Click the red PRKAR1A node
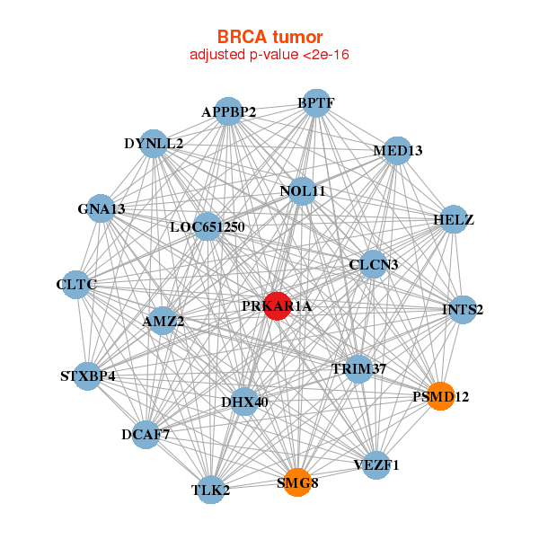coord(277,306)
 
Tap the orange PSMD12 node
coord(440,396)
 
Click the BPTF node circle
coord(315,103)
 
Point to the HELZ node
coord(453,220)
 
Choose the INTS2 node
coord(463,310)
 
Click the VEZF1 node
coord(377,464)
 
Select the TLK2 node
coord(211,490)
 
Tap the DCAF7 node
coord(146,435)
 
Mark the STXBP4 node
coord(88,376)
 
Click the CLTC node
coord(75,286)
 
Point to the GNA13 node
coord(102,209)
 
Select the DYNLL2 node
coord(154,144)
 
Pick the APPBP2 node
coord(229,112)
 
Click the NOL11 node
coord(302,190)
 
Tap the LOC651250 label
coord(208,226)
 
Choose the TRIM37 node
coord(358,368)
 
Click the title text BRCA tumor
coord(269,37)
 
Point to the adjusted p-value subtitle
coord(269,55)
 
